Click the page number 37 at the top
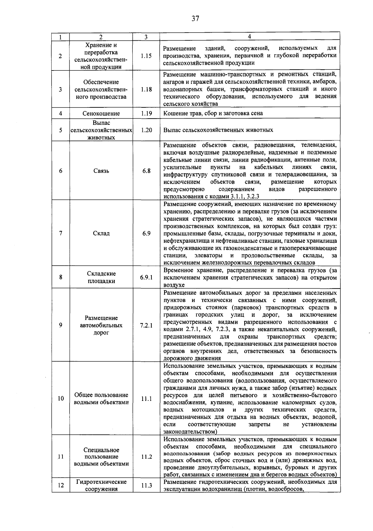(195, 18)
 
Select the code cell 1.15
(146, 56)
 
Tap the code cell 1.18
(146, 89)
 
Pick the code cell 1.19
(146, 113)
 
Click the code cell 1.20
(146, 130)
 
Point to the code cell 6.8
(146, 171)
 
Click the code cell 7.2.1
(146, 326)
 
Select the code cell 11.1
(146, 399)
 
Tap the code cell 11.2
(146, 457)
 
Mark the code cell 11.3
(146, 485)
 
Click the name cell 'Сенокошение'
(101, 114)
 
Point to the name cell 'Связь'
(101, 171)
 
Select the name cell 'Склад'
(101, 233)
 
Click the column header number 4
(250, 37)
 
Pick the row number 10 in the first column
(61, 399)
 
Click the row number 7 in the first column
(61, 233)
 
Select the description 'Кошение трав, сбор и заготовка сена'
(213, 113)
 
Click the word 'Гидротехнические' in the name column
(101, 482)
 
